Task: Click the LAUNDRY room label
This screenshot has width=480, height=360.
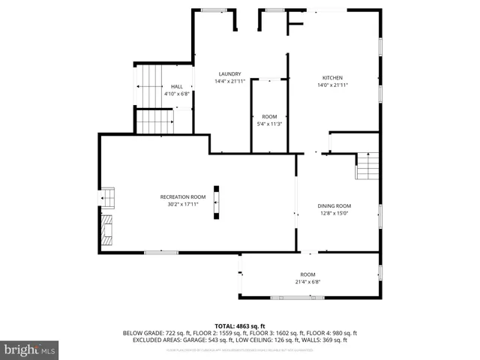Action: pyautogui.click(x=229, y=73)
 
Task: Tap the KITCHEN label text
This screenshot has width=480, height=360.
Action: pyautogui.click(x=333, y=78)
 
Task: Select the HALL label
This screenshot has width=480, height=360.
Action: pyautogui.click(x=176, y=87)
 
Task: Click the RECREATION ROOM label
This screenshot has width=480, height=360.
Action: pyautogui.click(x=182, y=196)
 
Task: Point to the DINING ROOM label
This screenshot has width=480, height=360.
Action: pyautogui.click(x=334, y=205)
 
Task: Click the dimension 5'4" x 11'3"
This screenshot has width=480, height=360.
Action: pyautogui.click(x=268, y=124)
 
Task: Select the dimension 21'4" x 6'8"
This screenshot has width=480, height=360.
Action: pyautogui.click(x=308, y=282)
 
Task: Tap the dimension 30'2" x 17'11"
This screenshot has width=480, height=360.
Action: pyautogui.click(x=182, y=203)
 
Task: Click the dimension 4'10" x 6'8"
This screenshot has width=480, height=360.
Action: pyautogui.click(x=176, y=94)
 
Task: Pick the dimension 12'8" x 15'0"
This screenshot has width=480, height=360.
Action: pyautogui.click(x=334, y=213)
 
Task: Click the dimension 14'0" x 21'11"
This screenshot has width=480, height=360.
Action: pyautogui.click(x=333, y=85)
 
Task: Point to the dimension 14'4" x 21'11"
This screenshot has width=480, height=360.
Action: pyautogui.click(x=229, y=81)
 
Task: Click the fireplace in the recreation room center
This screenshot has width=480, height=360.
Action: pyautogui.click(x=217, y=202)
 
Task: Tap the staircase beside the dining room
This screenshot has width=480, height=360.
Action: pyautogui.click(x=367, y=166)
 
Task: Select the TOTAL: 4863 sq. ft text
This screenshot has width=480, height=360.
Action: pyautogui.click(x=240, y=325)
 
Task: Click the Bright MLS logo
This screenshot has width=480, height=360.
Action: pyautogui.click(x=29, y=349)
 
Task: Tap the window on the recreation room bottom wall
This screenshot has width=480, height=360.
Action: pyautogui.click(x=161, y=252)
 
